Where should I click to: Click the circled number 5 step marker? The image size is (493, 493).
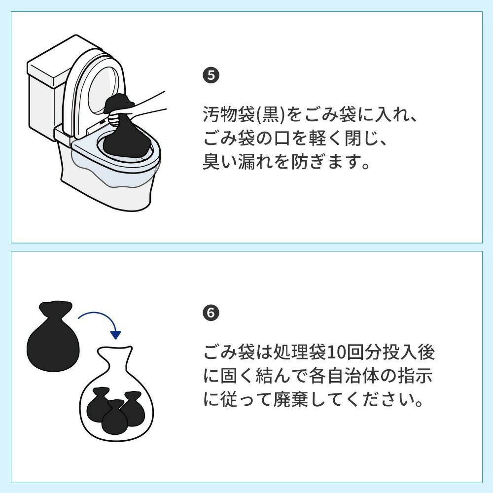[x=211, y=75]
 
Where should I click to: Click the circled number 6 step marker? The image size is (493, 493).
[x=211, y=313]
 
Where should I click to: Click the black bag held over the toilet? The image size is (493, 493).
[x=124, y=129]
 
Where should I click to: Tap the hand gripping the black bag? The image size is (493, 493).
[x=117, y=118]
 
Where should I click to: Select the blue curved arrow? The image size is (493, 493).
[x=100, y=321]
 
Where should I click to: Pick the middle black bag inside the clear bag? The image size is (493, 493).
[x=114, y=417]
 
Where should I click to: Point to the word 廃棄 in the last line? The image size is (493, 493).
[x=290, y=400]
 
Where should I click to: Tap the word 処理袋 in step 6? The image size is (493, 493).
[x=299, y=352]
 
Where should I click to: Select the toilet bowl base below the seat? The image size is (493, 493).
[x=107, y=185]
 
